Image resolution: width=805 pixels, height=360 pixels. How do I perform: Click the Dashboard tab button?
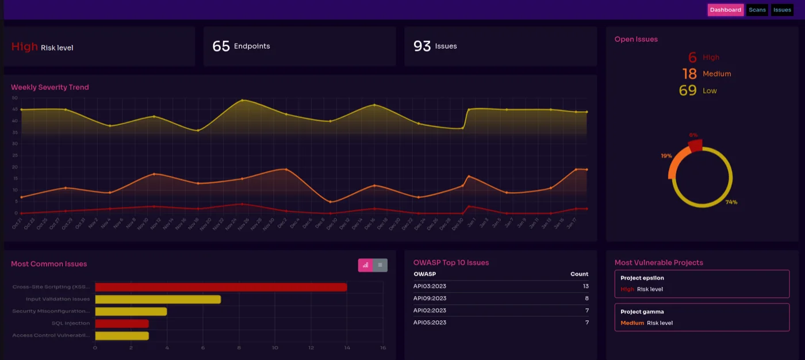[725, 10]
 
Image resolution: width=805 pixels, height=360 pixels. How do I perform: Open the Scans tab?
[757, 10]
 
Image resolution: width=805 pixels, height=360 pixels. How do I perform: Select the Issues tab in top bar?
[782, 10]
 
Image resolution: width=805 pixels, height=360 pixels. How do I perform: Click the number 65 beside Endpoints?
[221, 46]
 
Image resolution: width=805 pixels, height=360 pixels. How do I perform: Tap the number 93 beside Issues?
[422, 46]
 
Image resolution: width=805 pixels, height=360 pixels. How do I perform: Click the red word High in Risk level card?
[25, 47]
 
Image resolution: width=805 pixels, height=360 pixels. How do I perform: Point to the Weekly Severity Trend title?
[50, 87]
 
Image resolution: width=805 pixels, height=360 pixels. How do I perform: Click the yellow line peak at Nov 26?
[242, 100]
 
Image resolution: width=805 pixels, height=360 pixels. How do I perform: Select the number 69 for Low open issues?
[688, 90]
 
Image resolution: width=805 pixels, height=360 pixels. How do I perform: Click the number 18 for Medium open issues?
[689, 74]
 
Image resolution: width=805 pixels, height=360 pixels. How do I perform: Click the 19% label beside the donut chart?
[666, 156]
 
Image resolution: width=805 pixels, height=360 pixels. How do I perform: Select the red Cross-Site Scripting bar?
[221, 287]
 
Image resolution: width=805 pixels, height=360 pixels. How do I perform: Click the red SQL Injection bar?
[122, 324]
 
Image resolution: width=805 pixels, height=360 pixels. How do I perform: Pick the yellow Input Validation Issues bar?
[158, 299]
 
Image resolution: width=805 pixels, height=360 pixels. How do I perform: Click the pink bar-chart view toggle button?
[365, 265]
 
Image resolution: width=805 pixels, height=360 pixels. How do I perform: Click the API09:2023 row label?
[430, 298]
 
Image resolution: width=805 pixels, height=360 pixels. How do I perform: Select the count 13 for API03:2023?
[585, 286]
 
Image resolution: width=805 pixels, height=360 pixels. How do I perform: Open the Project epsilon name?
[642, 278]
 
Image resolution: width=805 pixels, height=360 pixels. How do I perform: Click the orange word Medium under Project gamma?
[632, 323]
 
